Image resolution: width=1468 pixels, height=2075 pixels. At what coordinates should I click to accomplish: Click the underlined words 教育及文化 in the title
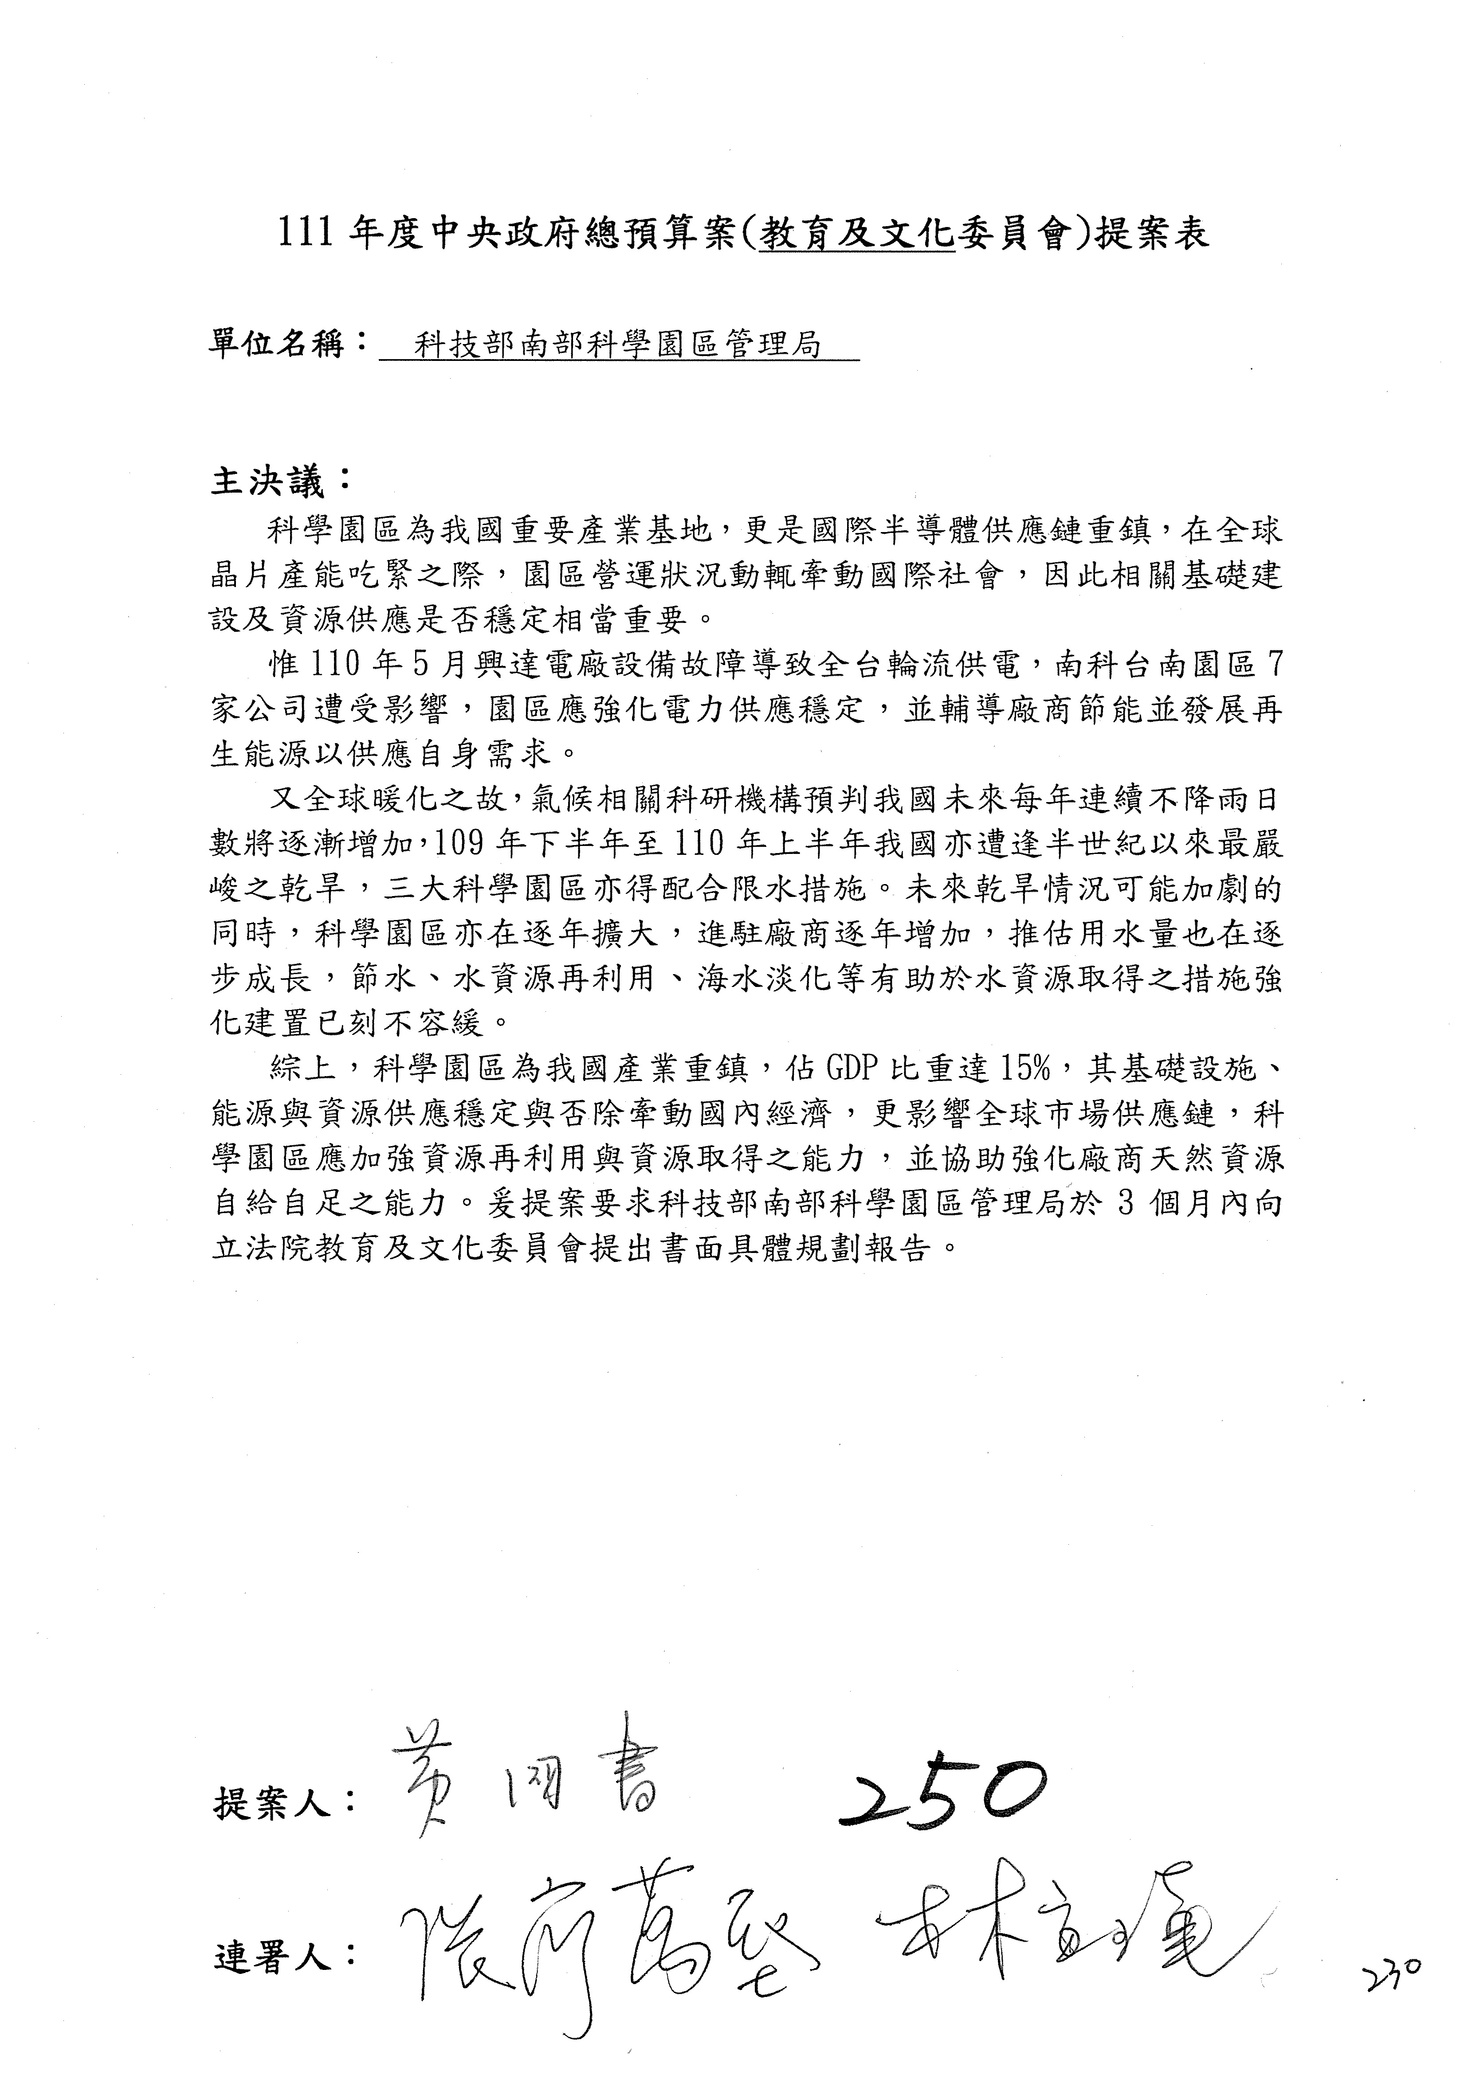857,236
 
